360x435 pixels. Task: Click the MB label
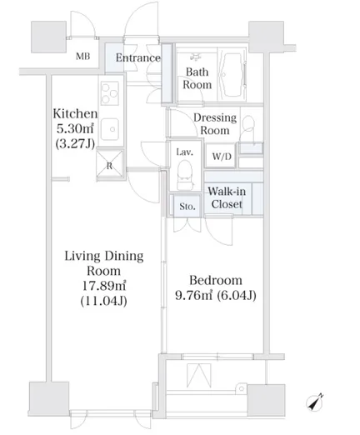(x=82, y=57)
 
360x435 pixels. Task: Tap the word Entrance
(x=138, y=57)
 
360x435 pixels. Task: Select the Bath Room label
(x=197, y=78)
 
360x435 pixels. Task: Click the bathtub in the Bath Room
(x=232, y=75)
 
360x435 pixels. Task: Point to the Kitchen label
(x=75, y=113)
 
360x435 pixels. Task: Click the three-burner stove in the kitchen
(x=110, y=92)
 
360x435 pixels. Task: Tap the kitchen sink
(x=110, y=129)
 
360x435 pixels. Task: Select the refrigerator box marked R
(x=109, y=164)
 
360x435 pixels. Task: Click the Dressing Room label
(x=215, y=124)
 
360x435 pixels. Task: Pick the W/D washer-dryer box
(x=222, y=156)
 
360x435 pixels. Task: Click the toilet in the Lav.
(x=185, y=175)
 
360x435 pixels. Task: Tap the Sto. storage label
(x=187, y=207)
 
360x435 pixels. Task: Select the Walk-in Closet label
(x=227, y=197)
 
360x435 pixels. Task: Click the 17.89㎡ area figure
(x=103, y=286)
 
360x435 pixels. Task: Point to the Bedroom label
(x=216, y=280)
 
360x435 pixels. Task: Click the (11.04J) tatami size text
(x=103, y=301)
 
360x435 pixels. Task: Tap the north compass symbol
(x=315, y=402)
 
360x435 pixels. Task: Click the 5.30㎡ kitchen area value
(x=75, y=128)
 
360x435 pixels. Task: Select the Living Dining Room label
(x=104, y=263)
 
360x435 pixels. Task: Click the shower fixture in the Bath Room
(x=196, y=57)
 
